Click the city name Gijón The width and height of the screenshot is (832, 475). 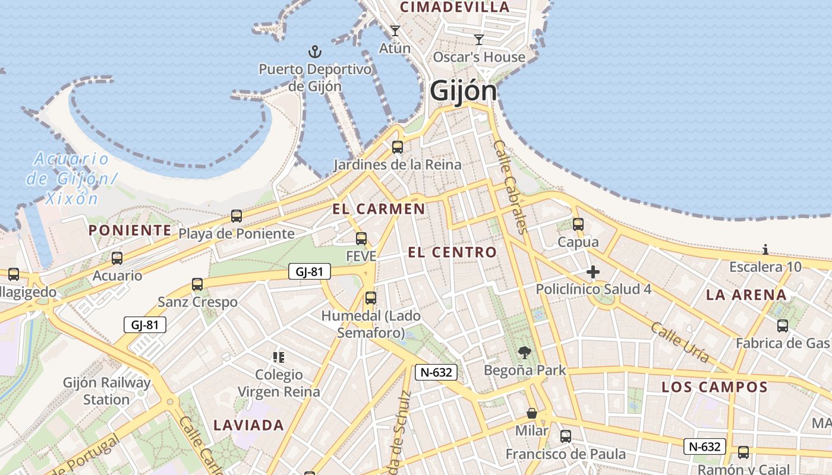point(463,91)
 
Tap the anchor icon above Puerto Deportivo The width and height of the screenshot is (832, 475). point(314,52)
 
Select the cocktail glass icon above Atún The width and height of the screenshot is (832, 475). point(395,30)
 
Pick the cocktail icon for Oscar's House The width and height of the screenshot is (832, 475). point(479,40)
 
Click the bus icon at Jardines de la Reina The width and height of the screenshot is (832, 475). point(398,147)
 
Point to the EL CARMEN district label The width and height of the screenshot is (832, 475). point(379,209)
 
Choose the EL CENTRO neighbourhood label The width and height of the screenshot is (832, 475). point(452,252)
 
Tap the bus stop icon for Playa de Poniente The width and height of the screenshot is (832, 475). point(237,216)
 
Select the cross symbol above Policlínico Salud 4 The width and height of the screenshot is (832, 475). point(593,273)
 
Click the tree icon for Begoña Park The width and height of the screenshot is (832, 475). point(524,353)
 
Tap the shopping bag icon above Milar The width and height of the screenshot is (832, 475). point(532,413)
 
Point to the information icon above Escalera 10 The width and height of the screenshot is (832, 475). point(765,249)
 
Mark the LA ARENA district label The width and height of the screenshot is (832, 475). point(746,295)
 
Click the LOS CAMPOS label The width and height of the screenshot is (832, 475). point(714,388)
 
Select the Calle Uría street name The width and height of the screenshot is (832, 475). point(680,342)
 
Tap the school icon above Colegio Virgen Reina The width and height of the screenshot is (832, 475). point(279,357)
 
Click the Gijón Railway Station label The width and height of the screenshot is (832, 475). point(106,391)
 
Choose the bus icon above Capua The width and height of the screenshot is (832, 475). point(578,224)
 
